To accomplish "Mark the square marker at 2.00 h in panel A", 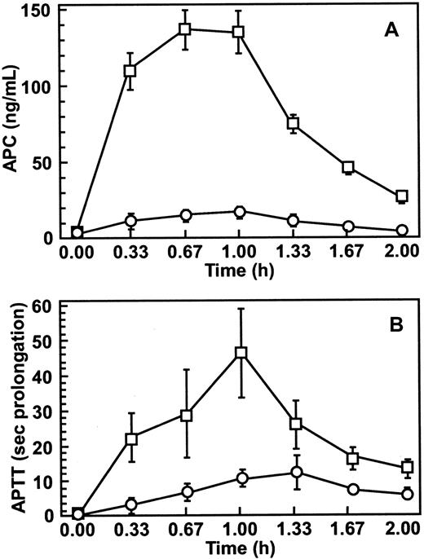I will [401, 196].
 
